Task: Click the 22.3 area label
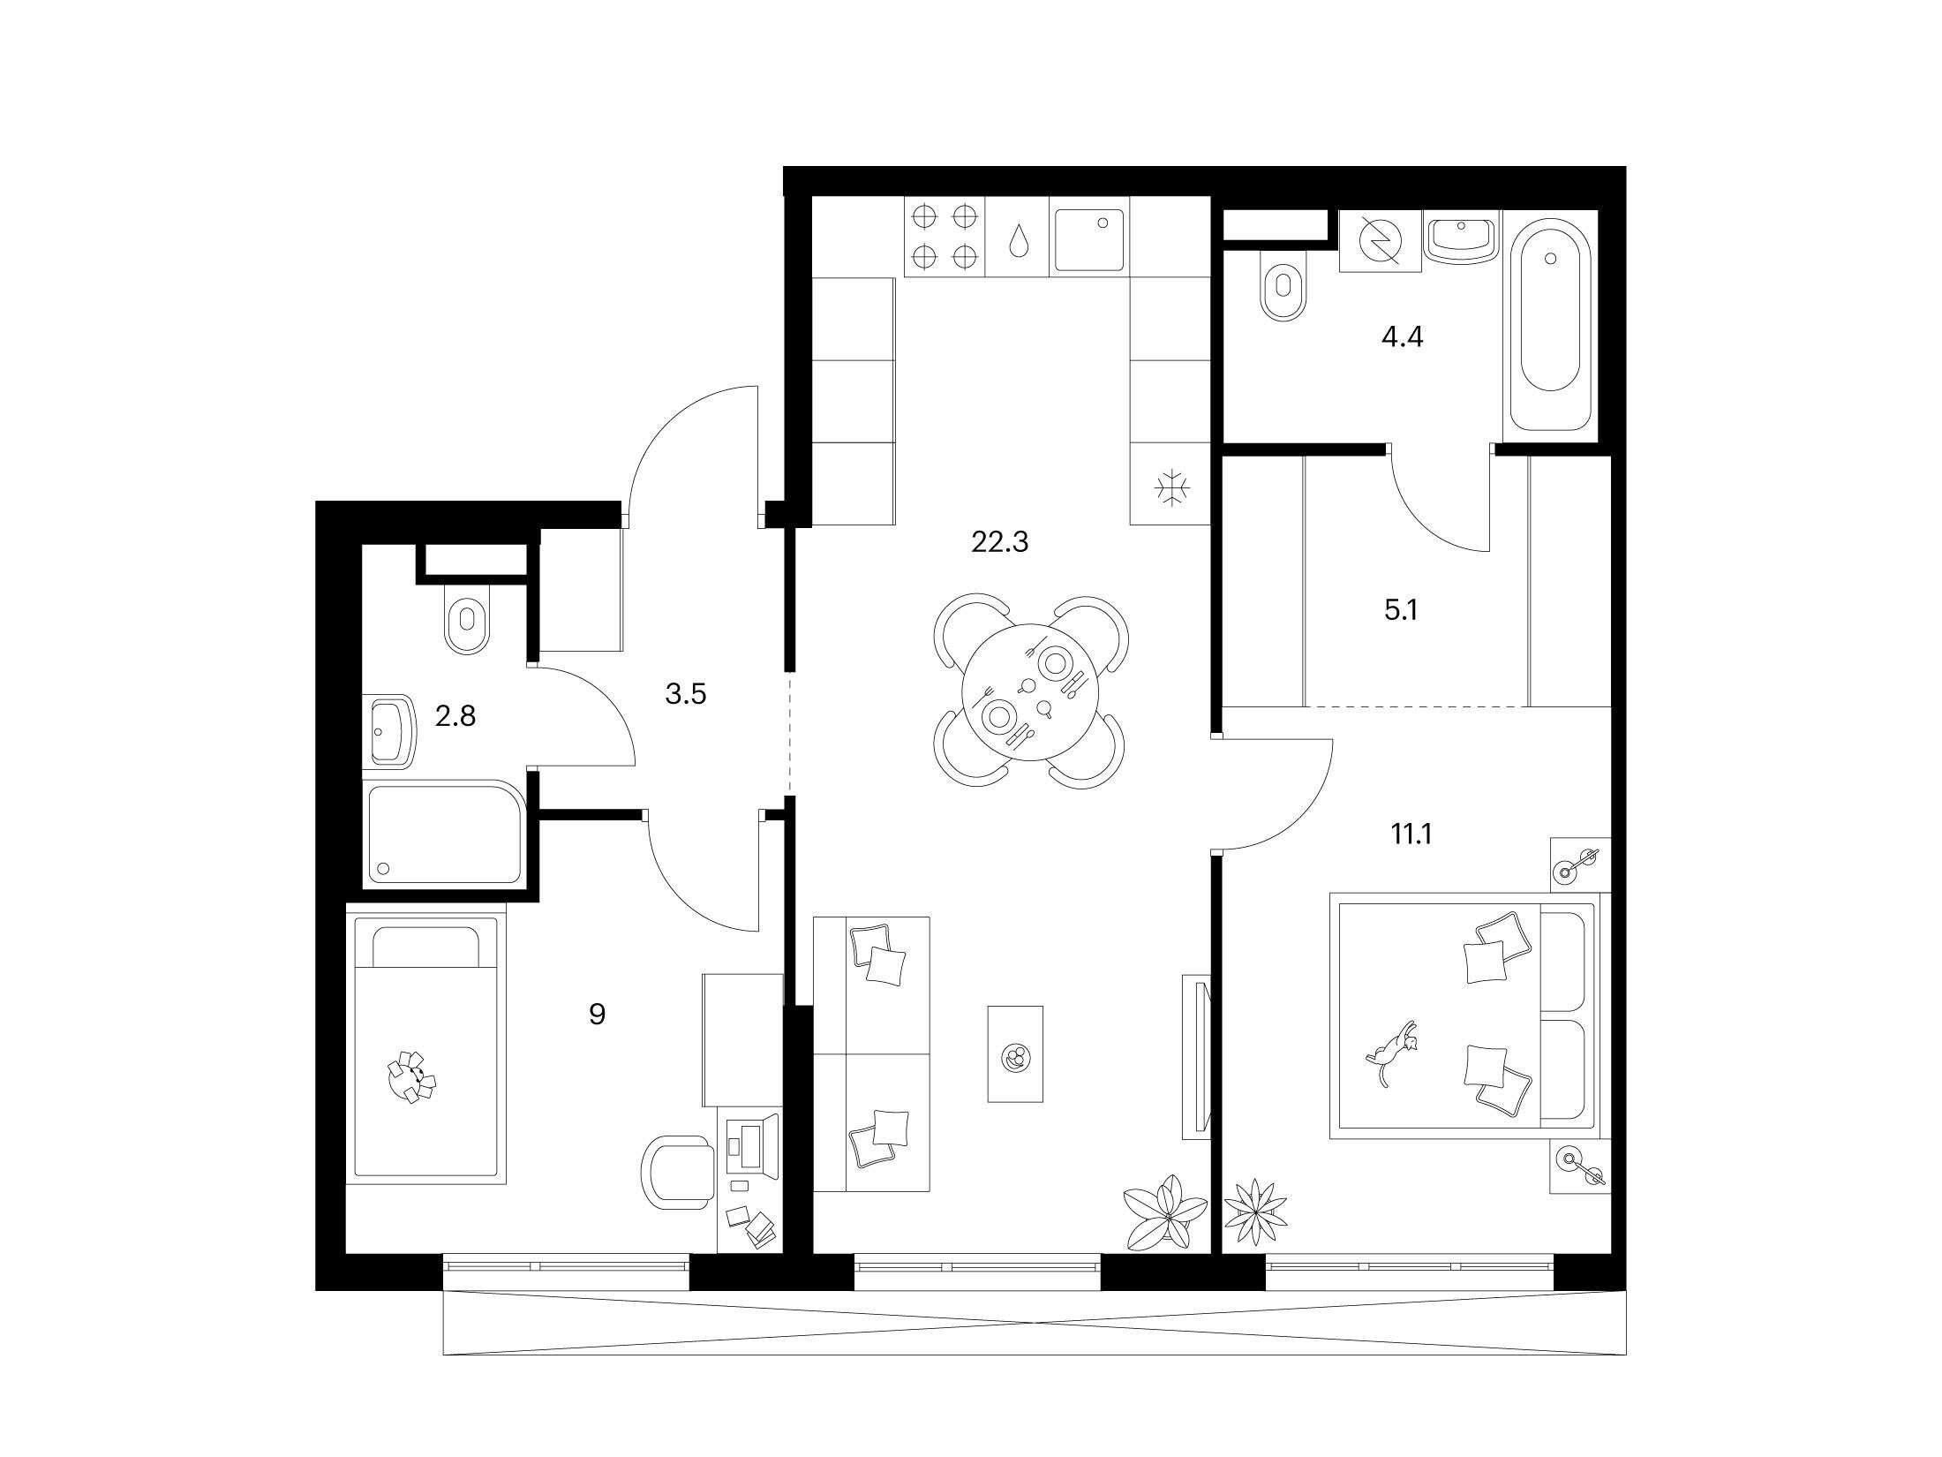[1000, 541]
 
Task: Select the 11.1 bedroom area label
[1411, 833]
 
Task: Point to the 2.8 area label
[455, 715]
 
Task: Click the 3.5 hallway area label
[686, 694]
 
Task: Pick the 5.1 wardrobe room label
[1401, 609]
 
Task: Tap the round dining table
[1029, 691]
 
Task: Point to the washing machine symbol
[1380, 240]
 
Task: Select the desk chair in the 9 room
[677, 1174]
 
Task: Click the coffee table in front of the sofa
[1015, 1053]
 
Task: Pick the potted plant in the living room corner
[1164, 1213]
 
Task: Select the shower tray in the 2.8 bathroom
[446, 832]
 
